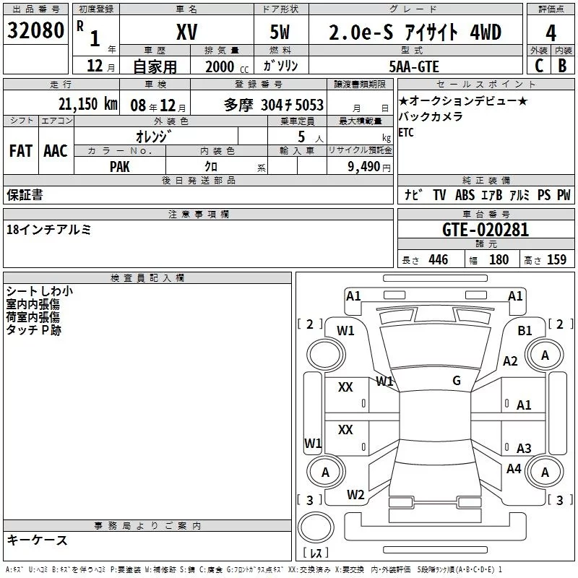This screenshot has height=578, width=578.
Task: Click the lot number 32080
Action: [35, 31]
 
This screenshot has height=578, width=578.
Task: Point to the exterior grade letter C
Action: [538, 65]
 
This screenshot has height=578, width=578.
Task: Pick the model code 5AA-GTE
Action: [413, 66]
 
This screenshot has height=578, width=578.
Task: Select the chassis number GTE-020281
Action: [486, 230]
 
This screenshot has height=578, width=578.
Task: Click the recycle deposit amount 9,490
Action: [361, 165]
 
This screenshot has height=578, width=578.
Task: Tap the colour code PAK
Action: [120, 165]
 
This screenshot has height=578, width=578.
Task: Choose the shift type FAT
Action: [21, 150]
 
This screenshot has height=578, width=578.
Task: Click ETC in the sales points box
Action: [406, 133]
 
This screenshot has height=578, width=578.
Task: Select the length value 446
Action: [438, 259]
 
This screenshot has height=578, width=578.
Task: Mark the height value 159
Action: [556, 259]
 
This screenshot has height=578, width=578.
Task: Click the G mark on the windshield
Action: [457, 381]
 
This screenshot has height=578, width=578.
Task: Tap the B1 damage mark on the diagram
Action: [525, 330]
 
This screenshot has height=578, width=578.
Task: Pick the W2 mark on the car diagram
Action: [355, 495]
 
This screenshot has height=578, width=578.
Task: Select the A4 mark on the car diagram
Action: [514, 469]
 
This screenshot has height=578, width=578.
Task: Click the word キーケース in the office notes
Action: [37, 540]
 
